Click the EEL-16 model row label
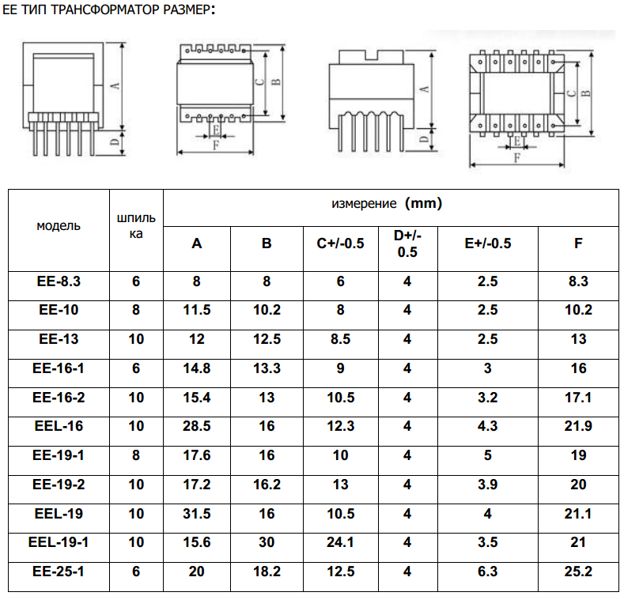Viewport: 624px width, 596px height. click(59, 426)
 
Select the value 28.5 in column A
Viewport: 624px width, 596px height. click(197, 426)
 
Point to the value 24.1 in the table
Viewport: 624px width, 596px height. click(340, 542)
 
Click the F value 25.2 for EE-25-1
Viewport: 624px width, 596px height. click(578, 571)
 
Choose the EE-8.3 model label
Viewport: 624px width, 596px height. click(59, 281)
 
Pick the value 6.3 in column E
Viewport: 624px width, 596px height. click(488, 571)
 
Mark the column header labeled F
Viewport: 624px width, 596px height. click(578, 243)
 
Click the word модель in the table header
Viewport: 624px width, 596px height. click(59, 225)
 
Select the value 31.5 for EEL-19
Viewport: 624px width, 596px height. click(197, 514)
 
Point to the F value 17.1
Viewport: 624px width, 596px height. click(578, 398)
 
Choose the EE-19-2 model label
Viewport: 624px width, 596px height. click(59, 485)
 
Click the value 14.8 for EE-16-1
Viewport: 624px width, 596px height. click(197, 368)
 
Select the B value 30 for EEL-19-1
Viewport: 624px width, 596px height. click(267, 542)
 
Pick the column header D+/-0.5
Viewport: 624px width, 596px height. click(407, 243)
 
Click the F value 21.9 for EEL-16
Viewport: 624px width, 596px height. click(578, 426)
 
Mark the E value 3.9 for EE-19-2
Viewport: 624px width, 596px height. click(488, 485)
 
